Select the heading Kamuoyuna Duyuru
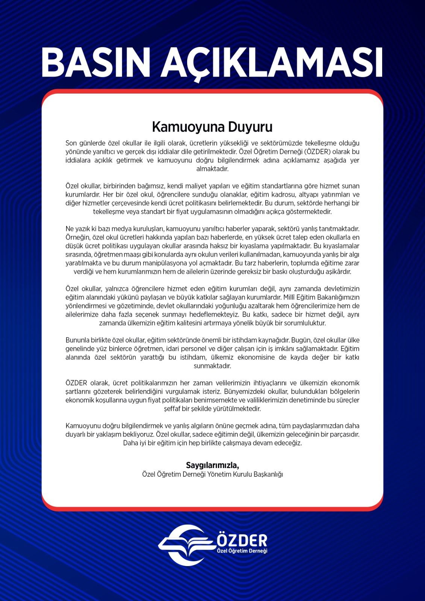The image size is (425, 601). tap(212, 127)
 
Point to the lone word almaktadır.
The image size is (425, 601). tap(212, 169)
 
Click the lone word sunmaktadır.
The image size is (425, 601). tap(212, 366)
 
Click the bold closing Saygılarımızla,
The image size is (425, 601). tap(212, 466)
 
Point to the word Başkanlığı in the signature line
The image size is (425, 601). tap(268, 474)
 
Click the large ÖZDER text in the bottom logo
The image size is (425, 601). tap(242, 540)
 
